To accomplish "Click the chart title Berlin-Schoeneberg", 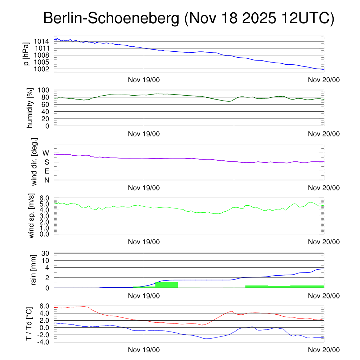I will (188, 19).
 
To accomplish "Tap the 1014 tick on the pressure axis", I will (41, 41).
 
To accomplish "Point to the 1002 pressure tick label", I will (41, 69).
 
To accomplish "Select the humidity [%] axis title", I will (31, 108).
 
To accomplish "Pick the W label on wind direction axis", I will (46, 153).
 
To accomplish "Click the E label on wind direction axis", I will (46, 171).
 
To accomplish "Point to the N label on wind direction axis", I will (46, 180).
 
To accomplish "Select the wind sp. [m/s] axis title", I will (32, 217).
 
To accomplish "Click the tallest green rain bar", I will (166, 285).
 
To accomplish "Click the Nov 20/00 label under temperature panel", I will (324, 350).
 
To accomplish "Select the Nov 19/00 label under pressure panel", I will (144, 80).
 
